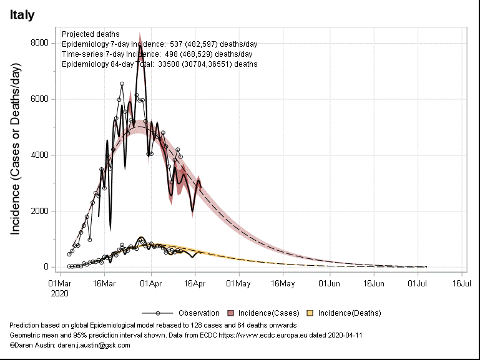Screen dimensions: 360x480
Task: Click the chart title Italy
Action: [x=22, y=14]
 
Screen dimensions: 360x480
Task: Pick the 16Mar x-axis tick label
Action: [x=105, y=283]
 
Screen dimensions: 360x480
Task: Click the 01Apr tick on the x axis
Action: [x=151, y=283]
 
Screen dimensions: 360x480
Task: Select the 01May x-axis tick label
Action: [x=238, y=283]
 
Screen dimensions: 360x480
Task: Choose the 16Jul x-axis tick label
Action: [x=461, y=283]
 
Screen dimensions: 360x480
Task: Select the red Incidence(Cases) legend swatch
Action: [x=231, y=313]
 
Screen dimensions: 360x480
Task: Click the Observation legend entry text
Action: [x=199, y=313]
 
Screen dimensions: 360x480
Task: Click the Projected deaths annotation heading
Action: [x=91, y=34]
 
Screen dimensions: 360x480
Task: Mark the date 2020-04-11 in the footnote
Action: [x=343, y=335]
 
